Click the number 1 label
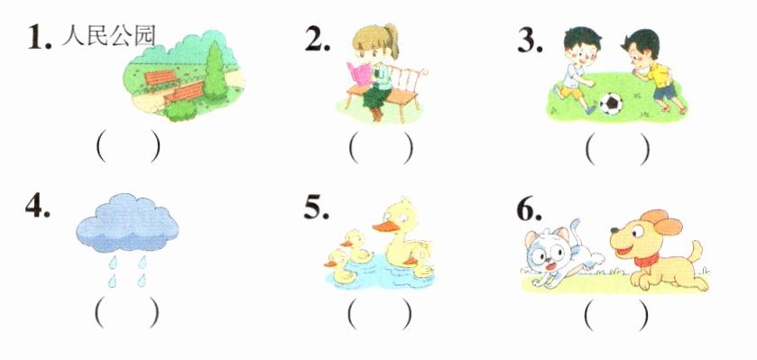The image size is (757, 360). point(39,38)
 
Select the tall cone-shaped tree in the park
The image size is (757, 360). point(215,71)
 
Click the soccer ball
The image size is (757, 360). point(611,103)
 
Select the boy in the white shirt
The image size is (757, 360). point(577,70)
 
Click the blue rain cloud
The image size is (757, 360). point(127,223)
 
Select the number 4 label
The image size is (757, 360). point(38,206)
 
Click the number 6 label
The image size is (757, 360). point(529,209)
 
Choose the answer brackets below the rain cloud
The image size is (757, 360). point(127,312)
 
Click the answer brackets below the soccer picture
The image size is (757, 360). point(617,147)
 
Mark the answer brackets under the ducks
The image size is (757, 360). point(380,314)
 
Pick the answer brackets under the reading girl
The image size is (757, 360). point(381,147)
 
